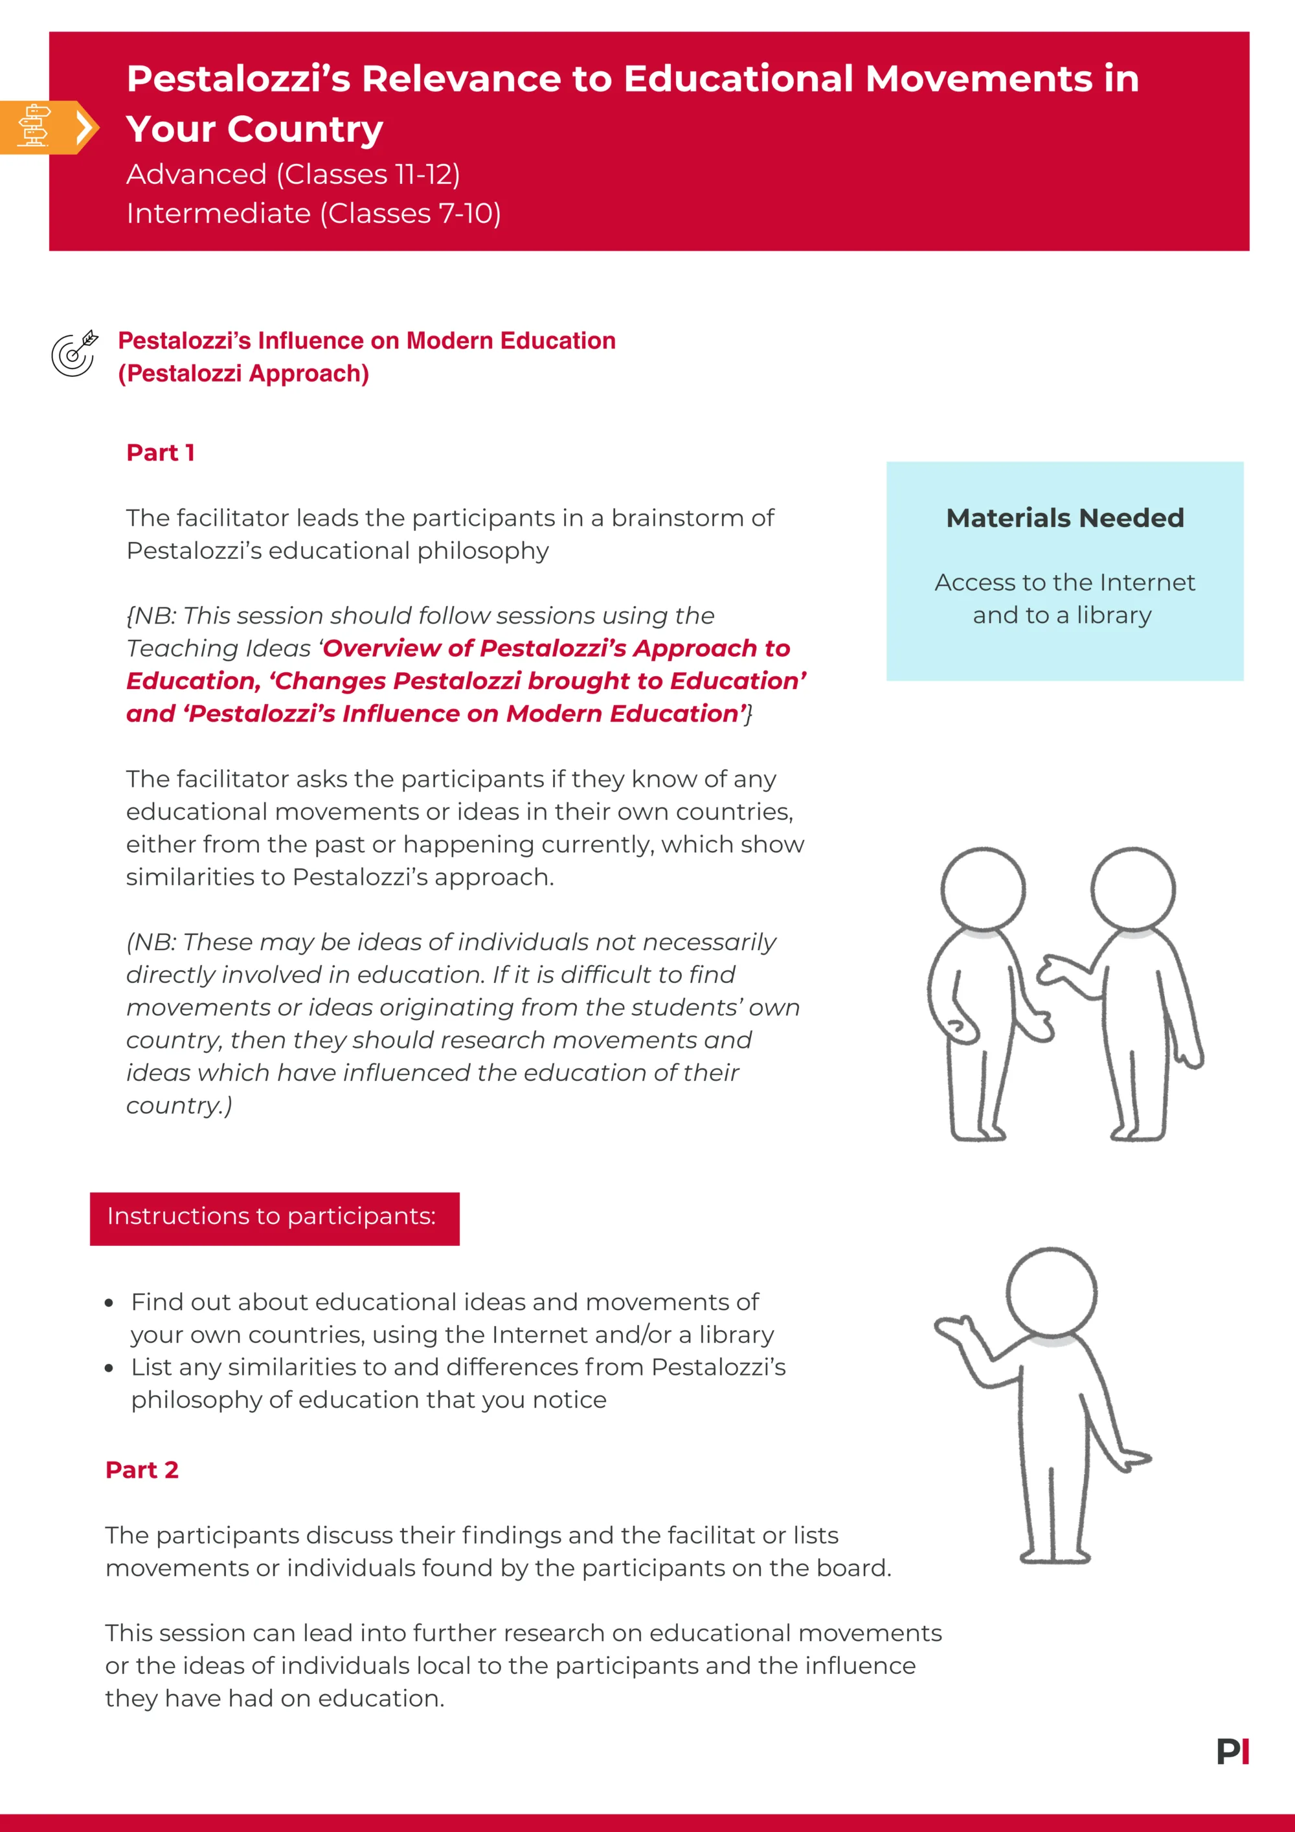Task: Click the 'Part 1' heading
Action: tap(161, 453)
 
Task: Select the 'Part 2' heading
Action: tap(142, 1470)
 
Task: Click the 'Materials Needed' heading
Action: tap(1064, 518)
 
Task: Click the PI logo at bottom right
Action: tap(1232, 1752)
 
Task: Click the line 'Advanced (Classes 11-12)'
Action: tap(293, 174)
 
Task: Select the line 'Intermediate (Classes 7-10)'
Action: tap(313, 213)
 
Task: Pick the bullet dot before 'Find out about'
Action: tap(109, 1303)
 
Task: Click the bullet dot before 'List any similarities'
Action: tap(109, 1368)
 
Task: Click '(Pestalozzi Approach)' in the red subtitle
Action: tap(243, 374)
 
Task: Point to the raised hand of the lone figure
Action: tap(954, 1327)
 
